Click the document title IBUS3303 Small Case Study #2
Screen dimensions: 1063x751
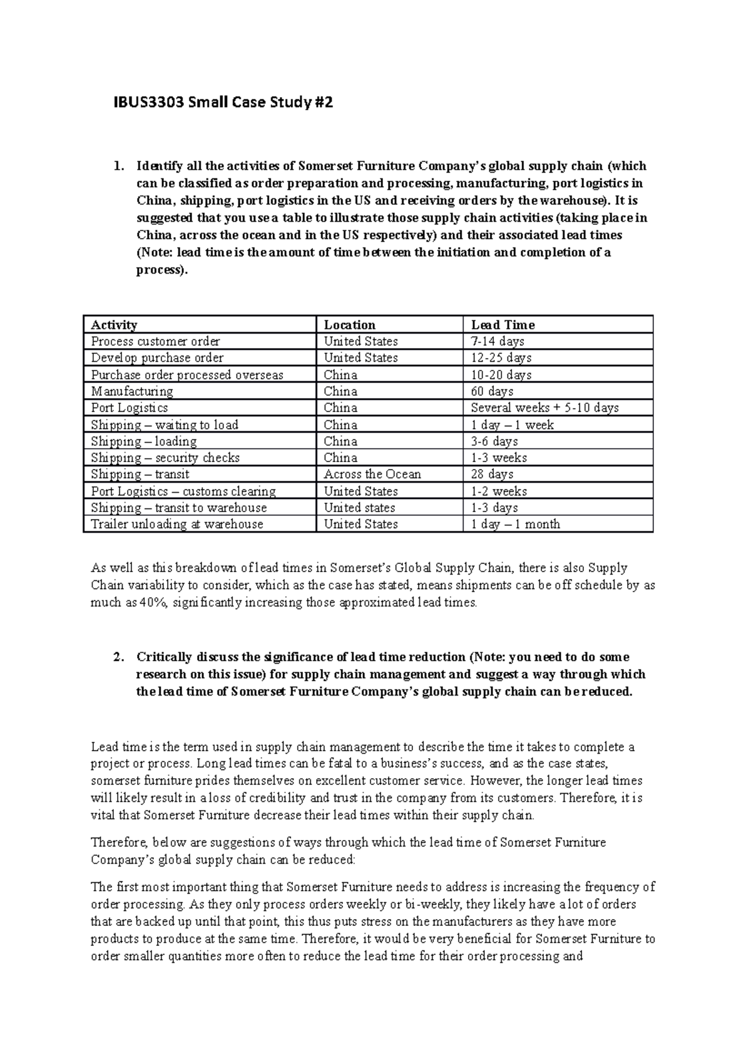[212, 102]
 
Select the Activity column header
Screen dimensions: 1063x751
[114, 325]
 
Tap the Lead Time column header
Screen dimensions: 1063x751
[503, 325]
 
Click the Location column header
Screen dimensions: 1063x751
[349, 325]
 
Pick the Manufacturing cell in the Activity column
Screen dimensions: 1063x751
[132, 391]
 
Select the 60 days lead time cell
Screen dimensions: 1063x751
[492, 391]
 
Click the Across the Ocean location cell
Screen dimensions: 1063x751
[372, 474]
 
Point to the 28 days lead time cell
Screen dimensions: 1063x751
[492, 474]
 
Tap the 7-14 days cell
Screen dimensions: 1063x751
[498, 341]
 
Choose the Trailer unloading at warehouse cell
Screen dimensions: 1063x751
[177, 524]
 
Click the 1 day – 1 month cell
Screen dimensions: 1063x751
[515, 524]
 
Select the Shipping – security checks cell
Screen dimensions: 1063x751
[165, 458]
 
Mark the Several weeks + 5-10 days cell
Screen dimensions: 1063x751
[544, 408]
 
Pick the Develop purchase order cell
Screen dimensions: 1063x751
[157, 357]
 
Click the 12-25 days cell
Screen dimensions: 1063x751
[501, 357]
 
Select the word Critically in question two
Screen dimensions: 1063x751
[164, 657]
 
